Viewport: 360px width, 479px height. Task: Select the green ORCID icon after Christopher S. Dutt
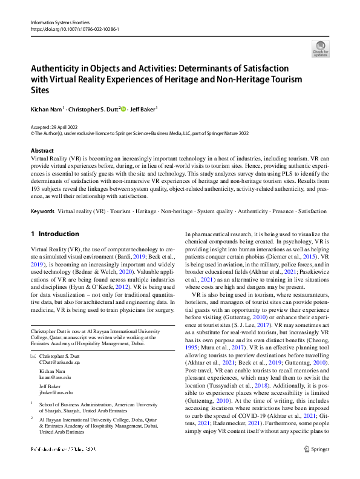click(123, 109)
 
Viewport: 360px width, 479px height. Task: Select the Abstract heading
click(42, 150)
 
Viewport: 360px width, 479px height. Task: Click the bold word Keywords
click(42, 211)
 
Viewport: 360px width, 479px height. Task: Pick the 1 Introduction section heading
click(54, 234)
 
